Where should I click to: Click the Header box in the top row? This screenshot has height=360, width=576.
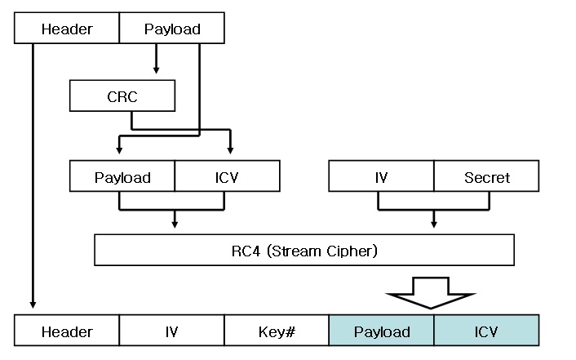pos(67,29)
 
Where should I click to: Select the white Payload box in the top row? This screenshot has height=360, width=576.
pos(171,29)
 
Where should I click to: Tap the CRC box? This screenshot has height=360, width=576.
pos(122,97)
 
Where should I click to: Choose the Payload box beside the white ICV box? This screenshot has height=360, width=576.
pos(122,176)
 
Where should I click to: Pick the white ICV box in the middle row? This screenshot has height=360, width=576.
pos(227,176)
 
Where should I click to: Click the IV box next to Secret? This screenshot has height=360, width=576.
pos(380,176)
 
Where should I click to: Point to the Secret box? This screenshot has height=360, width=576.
pos(486,176)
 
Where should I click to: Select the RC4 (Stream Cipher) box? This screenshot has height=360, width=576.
pos(304,250)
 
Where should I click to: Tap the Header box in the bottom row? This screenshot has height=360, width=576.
pos(67,331)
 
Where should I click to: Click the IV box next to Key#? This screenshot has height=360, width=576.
pos(171,331)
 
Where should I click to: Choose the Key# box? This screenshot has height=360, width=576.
pos(276,331)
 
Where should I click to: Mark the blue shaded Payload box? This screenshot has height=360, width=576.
pos(381,331)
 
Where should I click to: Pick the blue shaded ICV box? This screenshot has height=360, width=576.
pos(485,331)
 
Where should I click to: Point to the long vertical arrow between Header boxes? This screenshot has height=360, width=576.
pos(33,180)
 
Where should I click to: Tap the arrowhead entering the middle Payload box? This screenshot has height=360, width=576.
pos(120,149)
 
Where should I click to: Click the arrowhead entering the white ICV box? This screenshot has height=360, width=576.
pos(230,149)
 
